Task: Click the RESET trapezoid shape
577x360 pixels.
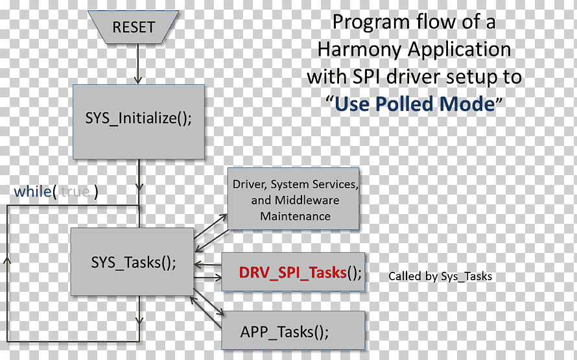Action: [x=133, y=27]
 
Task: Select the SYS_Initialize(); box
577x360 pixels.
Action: [x=139, y=122]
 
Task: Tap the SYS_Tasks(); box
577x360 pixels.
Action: [x=132, y=261]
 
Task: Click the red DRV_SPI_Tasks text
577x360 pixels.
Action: [x=292, y=273]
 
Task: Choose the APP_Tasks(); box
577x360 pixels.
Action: [x=293, y=330]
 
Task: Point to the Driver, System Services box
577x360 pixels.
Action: [x=293, y=198]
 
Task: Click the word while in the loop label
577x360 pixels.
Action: [x=32, y=191]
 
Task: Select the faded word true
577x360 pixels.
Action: [x=75, y=192]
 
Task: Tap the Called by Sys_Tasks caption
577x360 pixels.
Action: [x=440, y=276]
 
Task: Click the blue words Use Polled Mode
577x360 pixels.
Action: [x=415, y=104]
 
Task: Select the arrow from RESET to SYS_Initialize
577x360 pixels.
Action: [x=138, y=64]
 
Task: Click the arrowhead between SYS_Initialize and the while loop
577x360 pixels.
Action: [x=139, y=187]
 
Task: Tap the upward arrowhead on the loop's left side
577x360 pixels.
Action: [x=7, y=260]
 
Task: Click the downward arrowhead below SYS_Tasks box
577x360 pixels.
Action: [x=139, y=320]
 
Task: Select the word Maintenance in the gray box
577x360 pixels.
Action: [x=295, y=216]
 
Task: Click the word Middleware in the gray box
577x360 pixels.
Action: [x=307, y=200]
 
